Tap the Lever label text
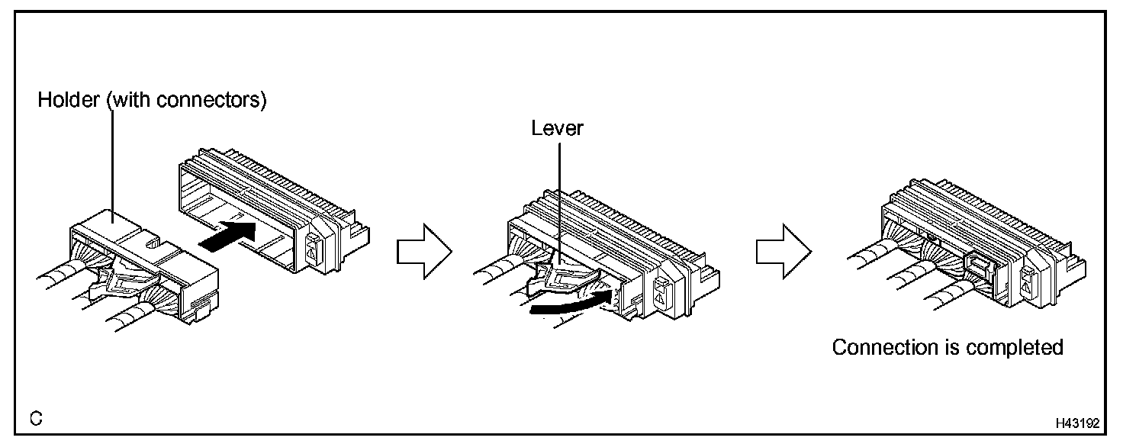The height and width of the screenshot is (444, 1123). [x=557, y=128]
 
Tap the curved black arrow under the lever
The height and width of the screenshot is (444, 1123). [x=572, y=303]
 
